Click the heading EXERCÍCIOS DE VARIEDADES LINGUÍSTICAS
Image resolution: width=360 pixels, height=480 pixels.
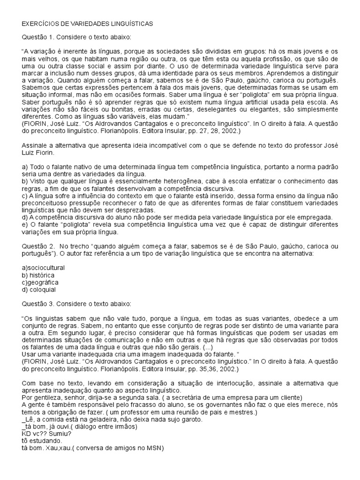pyautogui.click(x=87, y=22)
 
